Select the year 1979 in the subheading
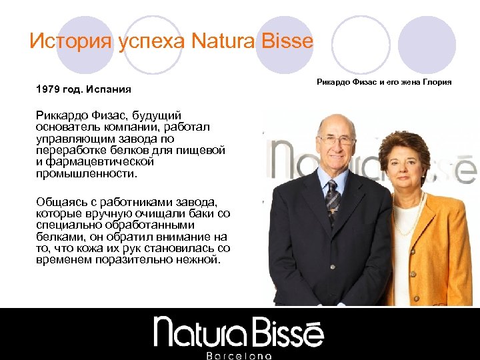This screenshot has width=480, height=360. (x=47, y=89)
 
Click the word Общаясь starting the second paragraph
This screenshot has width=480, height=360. (x=61, y=201)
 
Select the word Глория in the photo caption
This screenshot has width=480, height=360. (x=437, y=82)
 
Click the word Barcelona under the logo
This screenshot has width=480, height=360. (x=239, y=355)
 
